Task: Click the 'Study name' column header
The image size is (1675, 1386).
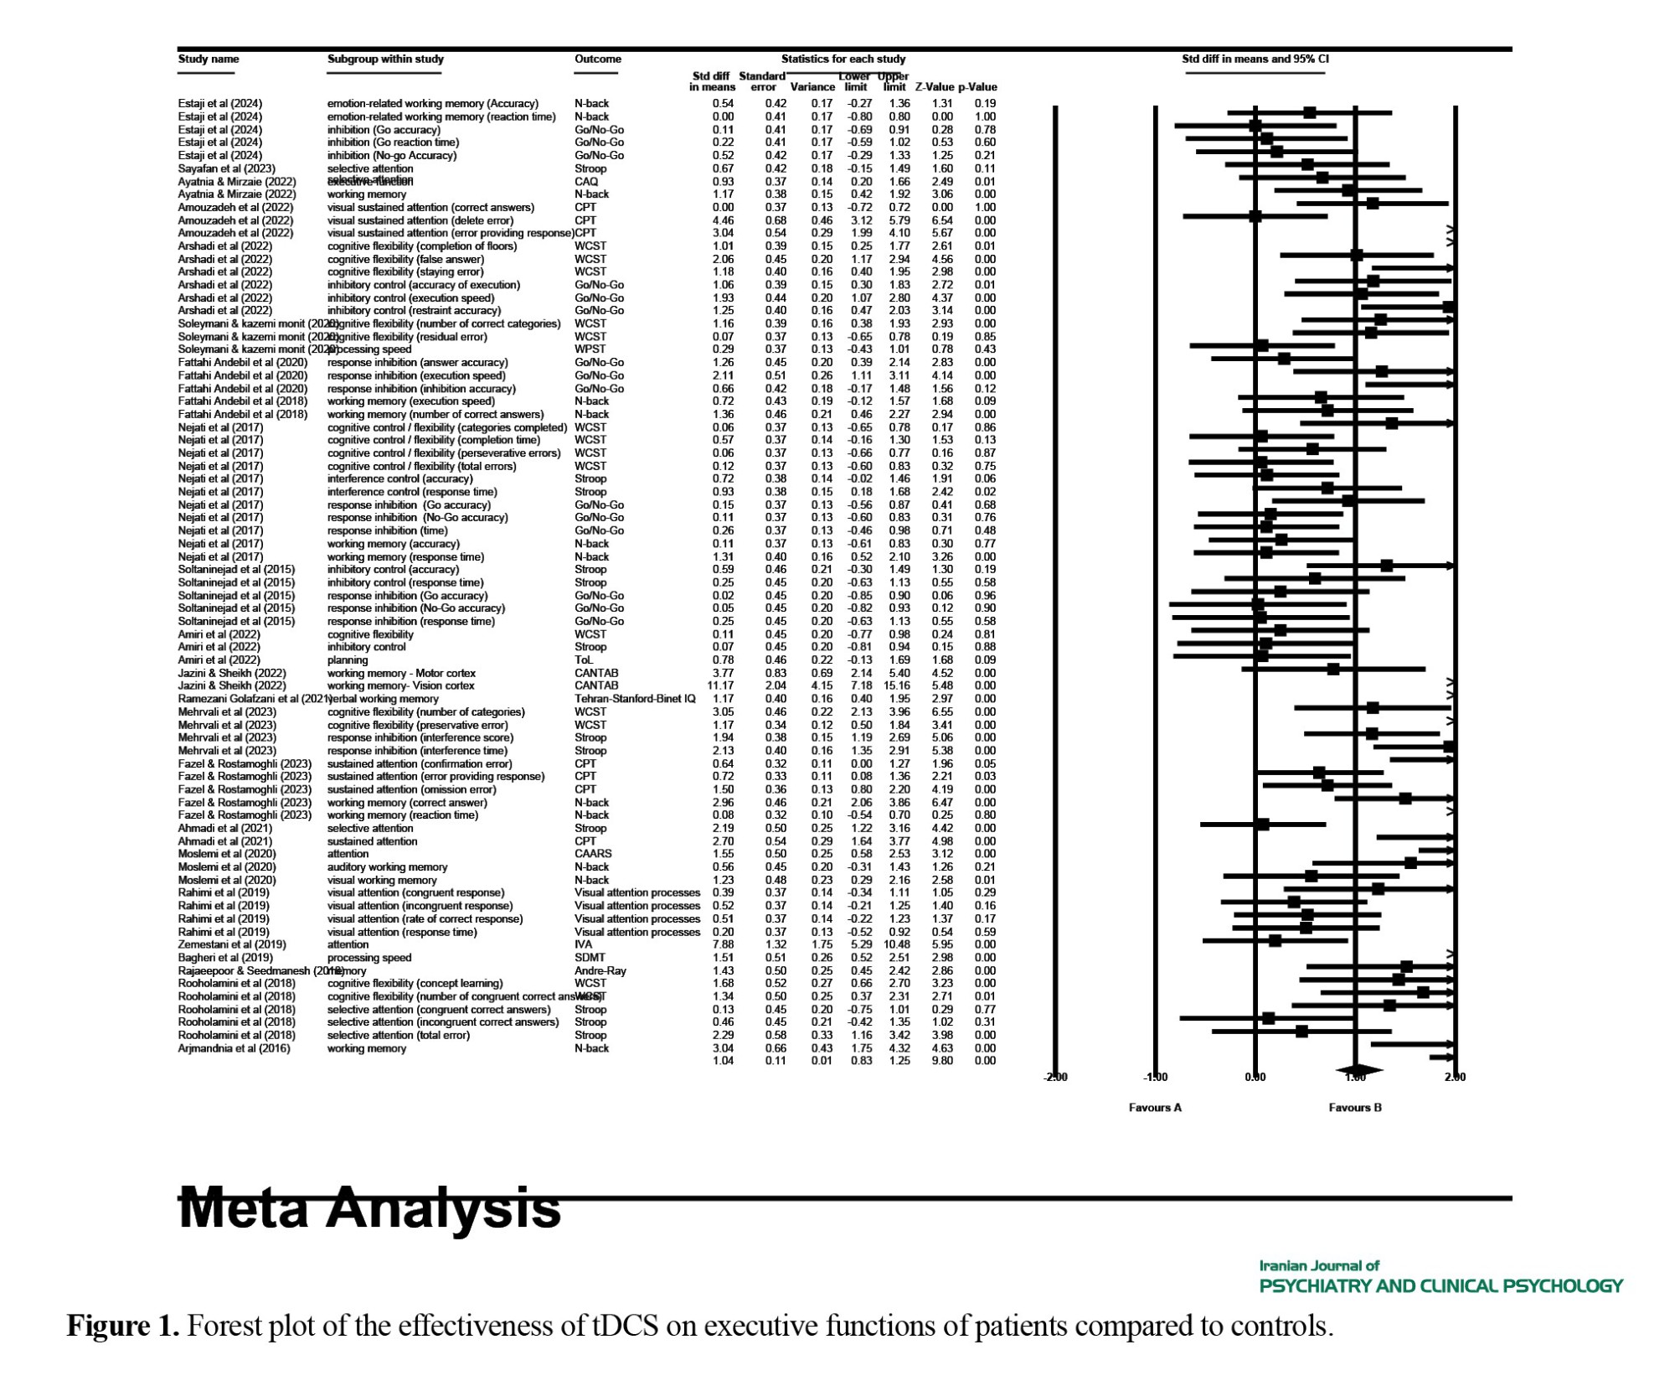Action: coord(209,59)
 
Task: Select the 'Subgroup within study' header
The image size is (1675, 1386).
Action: coord(385,59)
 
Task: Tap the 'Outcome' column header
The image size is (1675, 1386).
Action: coord(598,59)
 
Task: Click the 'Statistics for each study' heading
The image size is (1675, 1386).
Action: coord(843,59)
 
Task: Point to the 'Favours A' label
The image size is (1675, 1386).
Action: coord(1155,1108)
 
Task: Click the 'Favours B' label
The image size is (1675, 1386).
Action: coord(1355,1108)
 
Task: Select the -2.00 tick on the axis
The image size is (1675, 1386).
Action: coord(1055,1078)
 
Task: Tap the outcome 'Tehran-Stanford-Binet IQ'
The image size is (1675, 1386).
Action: coord(635,699)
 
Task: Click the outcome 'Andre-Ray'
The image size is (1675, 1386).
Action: coord(600,971)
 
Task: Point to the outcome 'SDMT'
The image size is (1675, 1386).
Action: coord(590,958)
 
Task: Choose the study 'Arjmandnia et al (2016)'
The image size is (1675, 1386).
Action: coord(234,1048)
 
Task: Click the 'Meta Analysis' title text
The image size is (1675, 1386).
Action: coord(369,1208)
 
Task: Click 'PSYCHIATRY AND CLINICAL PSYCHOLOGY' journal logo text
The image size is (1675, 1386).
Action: coord(1440,1286)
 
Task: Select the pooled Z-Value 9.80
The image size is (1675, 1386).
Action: coord(942,1061)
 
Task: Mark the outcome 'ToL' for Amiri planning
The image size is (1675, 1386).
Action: coord(584,660)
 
